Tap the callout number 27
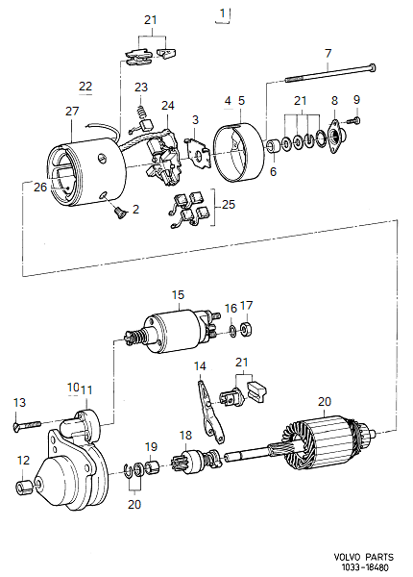tap(71, 112)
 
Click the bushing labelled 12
tap(23, 486)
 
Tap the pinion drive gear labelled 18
tap(186, 462)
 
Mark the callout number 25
tap(228, 205)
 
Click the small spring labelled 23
tap(142, 118)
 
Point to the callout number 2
tap(135, 209)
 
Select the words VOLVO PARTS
tap(363, 557)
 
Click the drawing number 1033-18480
tap(363, 567)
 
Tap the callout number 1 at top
tap(224, 13)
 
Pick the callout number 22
tap(85, 87)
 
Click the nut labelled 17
tap(246, 331)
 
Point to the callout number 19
tap(151, 446)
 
